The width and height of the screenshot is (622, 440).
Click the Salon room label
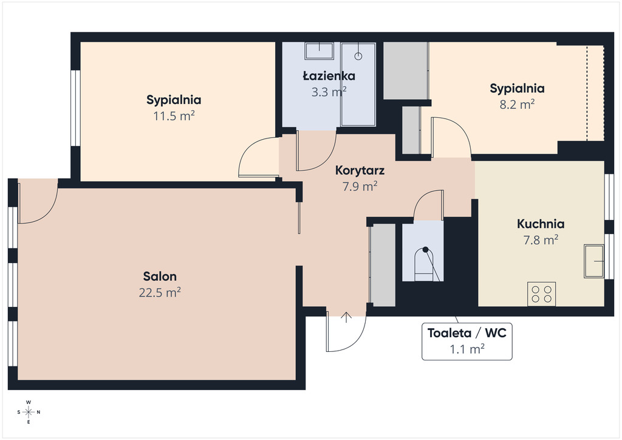click(160, 276)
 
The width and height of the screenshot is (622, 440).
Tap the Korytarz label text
click(360, 171)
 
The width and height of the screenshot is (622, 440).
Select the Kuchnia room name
click(541, 224)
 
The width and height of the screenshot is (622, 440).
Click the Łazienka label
click(329, 75)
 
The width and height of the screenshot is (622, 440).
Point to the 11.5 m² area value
click(174, 116)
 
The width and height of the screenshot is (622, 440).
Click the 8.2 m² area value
click(517, 105)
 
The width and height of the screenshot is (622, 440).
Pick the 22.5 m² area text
click(160, 292)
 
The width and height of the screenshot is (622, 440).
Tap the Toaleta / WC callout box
click(467, 342)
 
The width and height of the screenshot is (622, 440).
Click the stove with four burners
click(541, 294)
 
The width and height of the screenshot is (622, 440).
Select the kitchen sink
click(594, 261)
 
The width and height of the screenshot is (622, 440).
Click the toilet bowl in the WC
click(425, 264)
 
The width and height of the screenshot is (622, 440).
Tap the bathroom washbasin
click(319, 51)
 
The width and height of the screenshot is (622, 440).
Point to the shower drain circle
click(358, 57)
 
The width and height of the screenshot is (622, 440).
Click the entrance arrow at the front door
click(346, 317)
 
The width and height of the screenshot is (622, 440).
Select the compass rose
click(29, 412)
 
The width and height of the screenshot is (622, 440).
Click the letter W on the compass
click(29, 402)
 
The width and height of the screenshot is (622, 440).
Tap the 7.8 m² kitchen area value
click(541, 240)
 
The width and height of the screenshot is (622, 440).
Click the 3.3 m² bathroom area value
click(329, 92)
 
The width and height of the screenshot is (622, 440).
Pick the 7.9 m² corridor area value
click(360, 187)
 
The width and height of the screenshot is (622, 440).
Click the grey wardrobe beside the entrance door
click(383, 264)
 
